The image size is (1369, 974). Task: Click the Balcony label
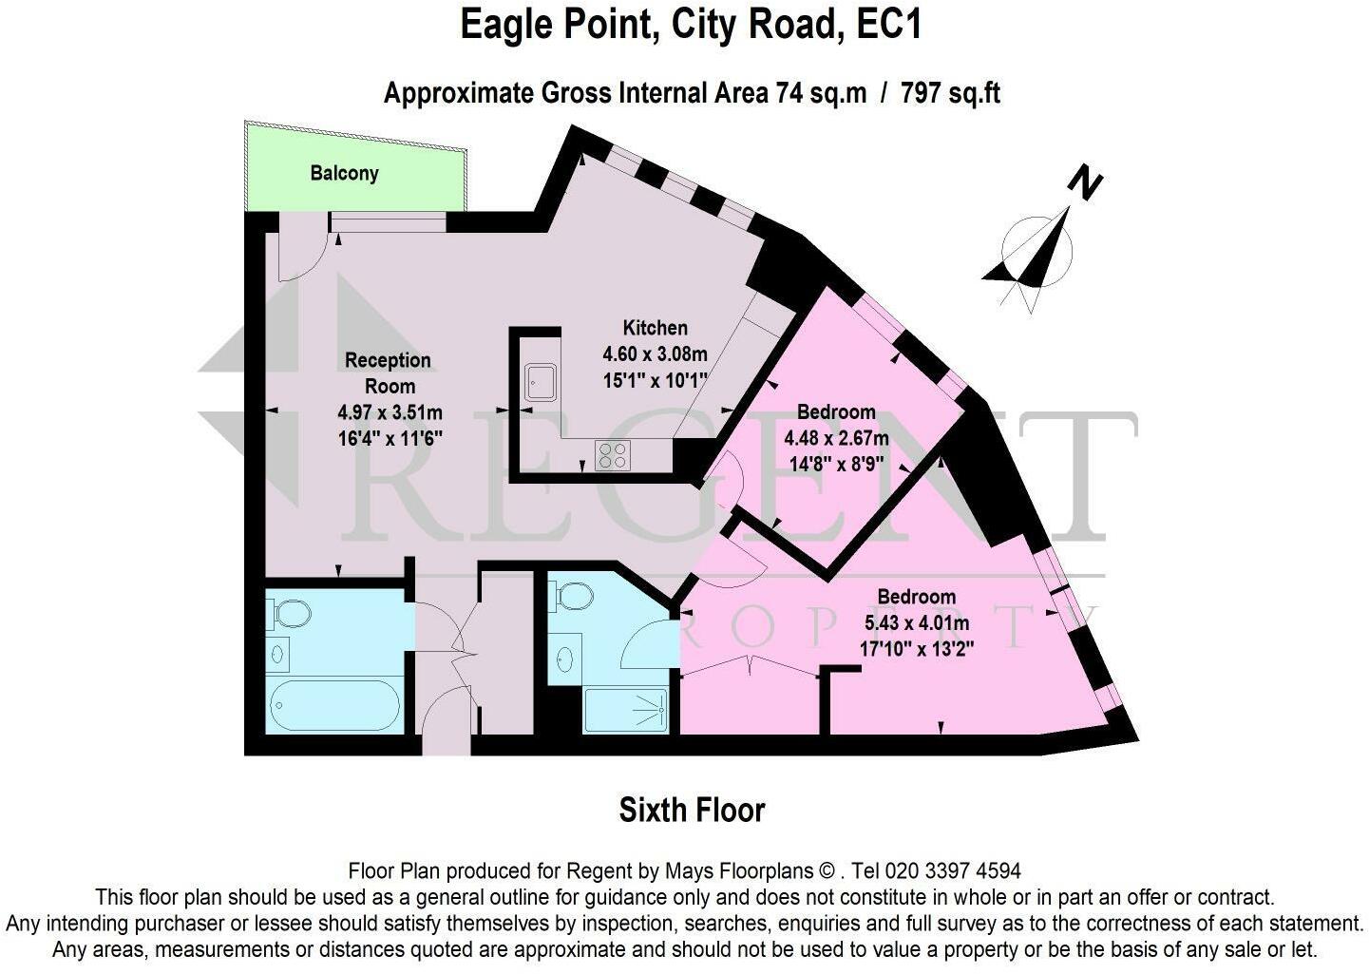[x=344, y=173]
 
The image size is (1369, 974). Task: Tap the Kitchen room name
[x=655, y=328]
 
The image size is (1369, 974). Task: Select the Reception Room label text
[x=388, y=372]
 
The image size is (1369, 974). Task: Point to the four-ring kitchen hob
[x=612, y=456]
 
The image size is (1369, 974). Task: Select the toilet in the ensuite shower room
[x=574, y=597]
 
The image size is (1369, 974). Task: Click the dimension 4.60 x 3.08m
[x=655, y=354]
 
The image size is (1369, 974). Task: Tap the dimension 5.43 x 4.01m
[x=916, y=623]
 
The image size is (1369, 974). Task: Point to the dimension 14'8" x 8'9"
[x=835, y=465]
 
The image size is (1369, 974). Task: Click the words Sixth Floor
[x=692, y=811]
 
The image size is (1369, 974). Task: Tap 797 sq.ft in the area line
[x=950, y=93]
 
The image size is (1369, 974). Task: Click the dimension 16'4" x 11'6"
[x=390, y=438]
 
